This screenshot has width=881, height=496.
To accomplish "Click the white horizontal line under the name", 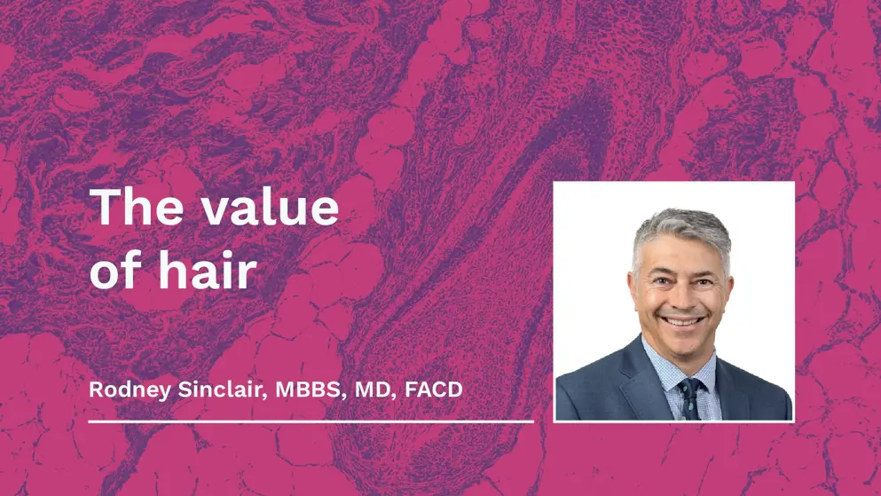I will click(311, 421).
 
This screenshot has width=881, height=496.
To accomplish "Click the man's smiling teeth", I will click(682, 320).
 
